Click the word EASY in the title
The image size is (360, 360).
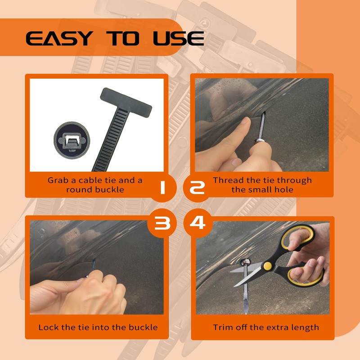(59, 38)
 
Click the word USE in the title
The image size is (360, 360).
(178, 38)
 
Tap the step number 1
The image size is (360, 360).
(162, 188)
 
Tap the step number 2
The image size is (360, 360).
(197, 188)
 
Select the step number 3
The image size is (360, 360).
(162, 223)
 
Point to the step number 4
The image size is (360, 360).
(198, 222)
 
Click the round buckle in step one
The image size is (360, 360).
(72, 140)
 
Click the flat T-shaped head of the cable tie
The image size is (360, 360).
(126, 102)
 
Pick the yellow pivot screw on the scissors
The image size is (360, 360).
(267, 266)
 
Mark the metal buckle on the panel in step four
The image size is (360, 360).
(245, 262)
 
